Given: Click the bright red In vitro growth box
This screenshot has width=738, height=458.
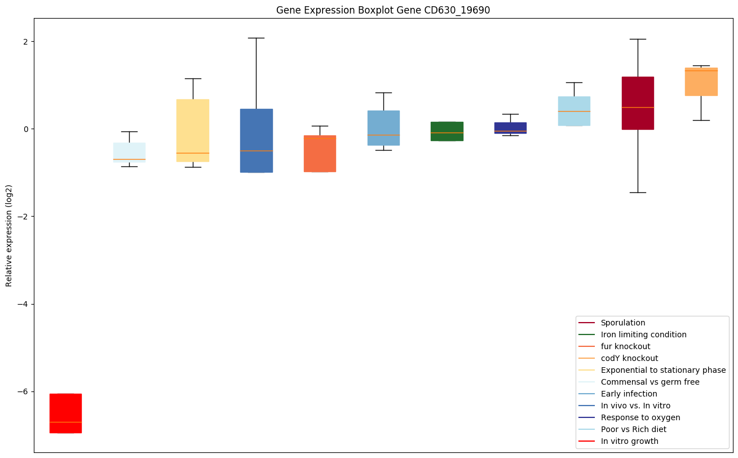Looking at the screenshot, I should pyautogui.click(x=65, y=413).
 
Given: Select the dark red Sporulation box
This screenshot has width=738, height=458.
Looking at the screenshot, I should pyautogui.click(x=638, y=103).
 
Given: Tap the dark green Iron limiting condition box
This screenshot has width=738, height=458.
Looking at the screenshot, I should pyautogui.click(x=447, y=131).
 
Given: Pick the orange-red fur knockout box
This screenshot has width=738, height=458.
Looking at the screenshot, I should pyautogui.click(x=320, y=153).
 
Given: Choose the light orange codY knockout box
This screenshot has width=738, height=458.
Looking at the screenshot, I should pyautogui.click(x=701, y=82).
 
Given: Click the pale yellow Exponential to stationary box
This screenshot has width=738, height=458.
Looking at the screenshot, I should pyautogui.click(x=193, y=130).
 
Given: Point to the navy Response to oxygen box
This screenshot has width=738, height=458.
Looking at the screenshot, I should pyautogui.click(x=511, y=127).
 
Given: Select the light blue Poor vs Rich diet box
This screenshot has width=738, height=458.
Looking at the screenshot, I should pyautogui.click(x=574, y=111).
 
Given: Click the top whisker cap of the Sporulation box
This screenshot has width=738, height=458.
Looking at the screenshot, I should pyautogui.click(x=638, y=39).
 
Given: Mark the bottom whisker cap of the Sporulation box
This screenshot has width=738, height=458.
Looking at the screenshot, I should pyautogui.click(x=638, y=192).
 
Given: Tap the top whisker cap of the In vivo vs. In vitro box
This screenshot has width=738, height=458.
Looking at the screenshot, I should pyautogui.click(x=256, y=38).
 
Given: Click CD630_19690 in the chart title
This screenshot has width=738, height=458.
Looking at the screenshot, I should pyautogui.click(x=454, y=10).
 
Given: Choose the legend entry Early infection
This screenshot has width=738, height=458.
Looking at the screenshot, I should pyautogui.click(x=629, y=394).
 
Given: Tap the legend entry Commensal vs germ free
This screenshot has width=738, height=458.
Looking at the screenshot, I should pyautogui.click(x=649, y=382).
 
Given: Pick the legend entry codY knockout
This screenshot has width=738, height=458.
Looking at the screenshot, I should pyautogui.click(x=629, y=358).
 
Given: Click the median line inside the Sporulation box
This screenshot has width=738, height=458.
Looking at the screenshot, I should pyautogui.click(x=638, y=107).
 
